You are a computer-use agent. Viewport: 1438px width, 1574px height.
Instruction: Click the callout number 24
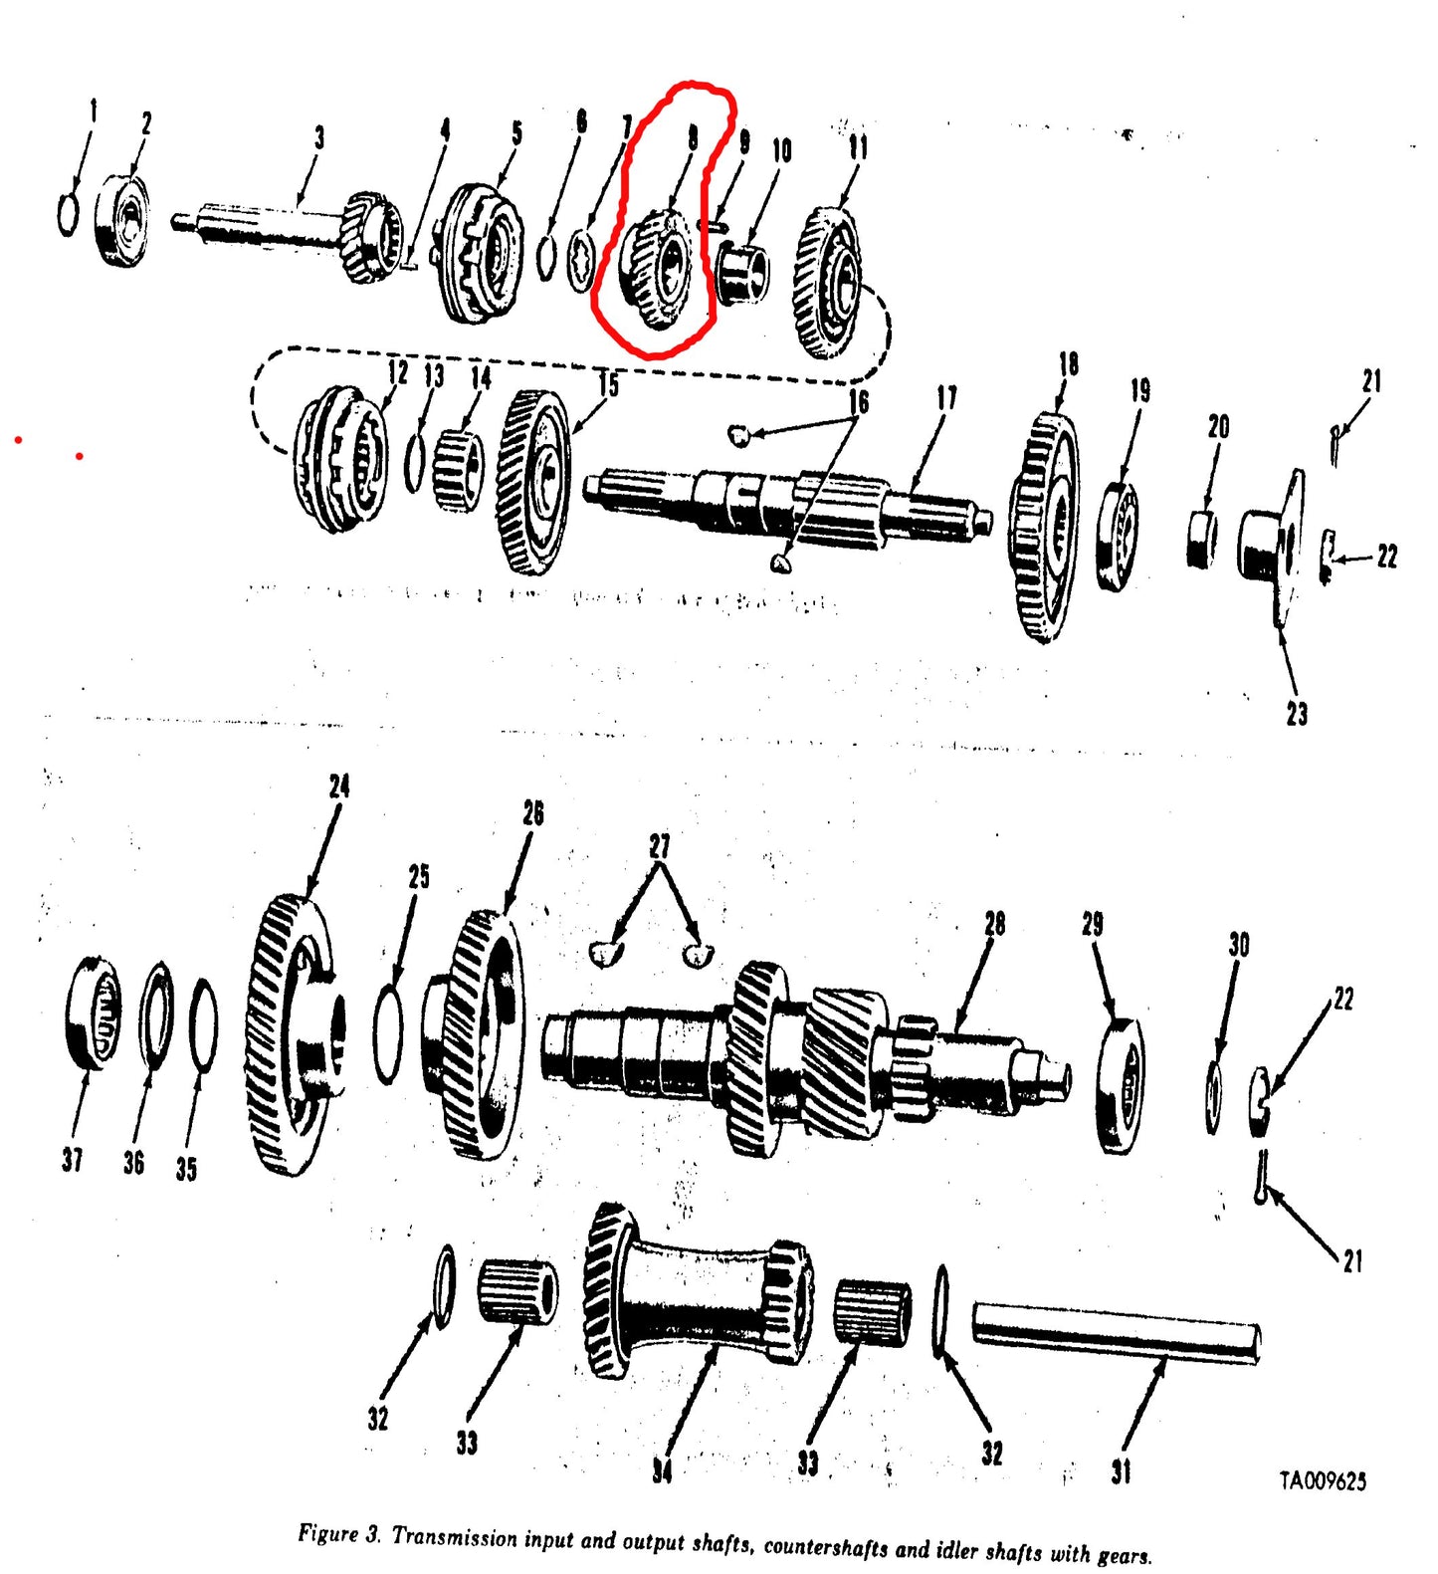[x=339, y=787]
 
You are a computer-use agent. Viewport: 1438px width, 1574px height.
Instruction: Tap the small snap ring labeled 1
[x=68, y=214]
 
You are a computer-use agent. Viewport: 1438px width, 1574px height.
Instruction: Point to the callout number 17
[x=946, y=398]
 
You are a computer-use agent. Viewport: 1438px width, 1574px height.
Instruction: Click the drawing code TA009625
[x=1322, y=1481]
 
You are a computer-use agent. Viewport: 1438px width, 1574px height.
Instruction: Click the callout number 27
[x=659, y=846]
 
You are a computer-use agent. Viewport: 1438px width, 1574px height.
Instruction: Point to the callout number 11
[x=858, y=147]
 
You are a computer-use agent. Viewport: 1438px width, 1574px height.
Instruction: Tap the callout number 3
[x=318, y=137]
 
